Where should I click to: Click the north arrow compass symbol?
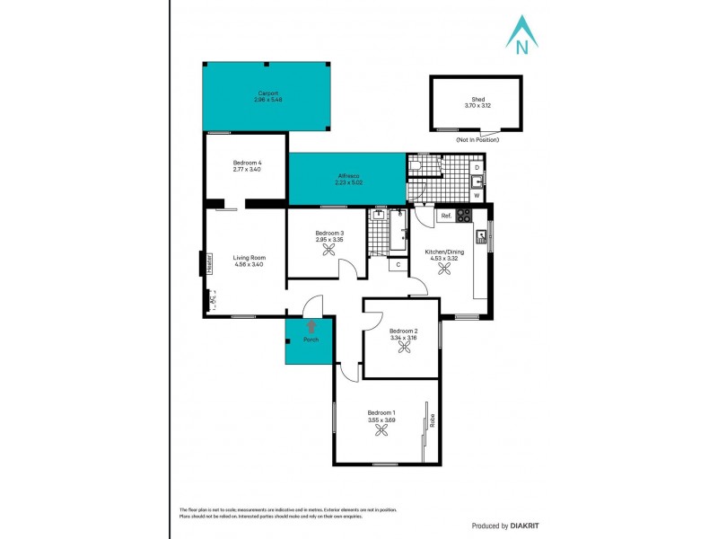[521, 34]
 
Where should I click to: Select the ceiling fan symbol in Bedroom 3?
[329, 252]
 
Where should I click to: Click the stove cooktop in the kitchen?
[465, 216]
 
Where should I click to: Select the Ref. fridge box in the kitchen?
[444, 216]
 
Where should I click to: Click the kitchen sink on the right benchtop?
[482, 238]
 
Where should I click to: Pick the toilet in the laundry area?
[416, 164]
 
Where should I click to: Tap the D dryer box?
[477, 167]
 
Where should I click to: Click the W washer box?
[477, 195]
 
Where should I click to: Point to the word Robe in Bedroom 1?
[432, 419]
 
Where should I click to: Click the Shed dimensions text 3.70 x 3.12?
[477, 105]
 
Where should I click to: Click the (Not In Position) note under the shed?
[477, 140]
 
